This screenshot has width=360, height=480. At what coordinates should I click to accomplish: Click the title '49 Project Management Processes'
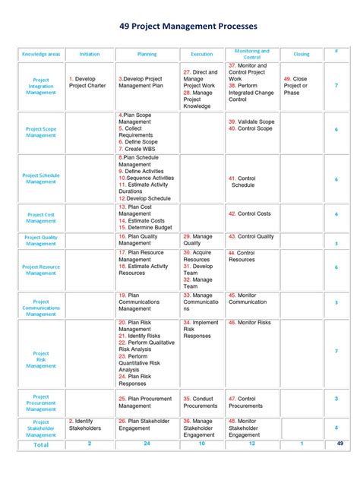[179, 26]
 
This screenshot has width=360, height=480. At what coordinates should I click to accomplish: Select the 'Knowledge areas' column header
[41, 55]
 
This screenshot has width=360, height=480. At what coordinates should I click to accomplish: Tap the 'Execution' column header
[202, 55]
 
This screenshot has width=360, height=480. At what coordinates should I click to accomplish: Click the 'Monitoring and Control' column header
[252, 55]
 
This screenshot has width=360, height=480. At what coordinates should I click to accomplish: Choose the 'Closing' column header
[302, 55]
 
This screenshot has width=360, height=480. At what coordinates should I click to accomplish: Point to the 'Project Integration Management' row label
[41, 87]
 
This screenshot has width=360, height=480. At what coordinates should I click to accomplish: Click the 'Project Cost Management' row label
[41, 218]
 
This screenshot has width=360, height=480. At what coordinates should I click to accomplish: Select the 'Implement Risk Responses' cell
[201, 328]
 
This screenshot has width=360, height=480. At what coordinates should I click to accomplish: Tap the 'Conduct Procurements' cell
[201, 402]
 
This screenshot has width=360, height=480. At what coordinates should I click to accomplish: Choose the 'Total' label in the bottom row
[41, 444]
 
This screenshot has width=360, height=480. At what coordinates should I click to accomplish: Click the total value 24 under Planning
[147, 443]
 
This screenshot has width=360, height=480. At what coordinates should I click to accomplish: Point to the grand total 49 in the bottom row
[340, 443]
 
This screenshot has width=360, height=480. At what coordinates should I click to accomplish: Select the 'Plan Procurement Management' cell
[147, 402]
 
